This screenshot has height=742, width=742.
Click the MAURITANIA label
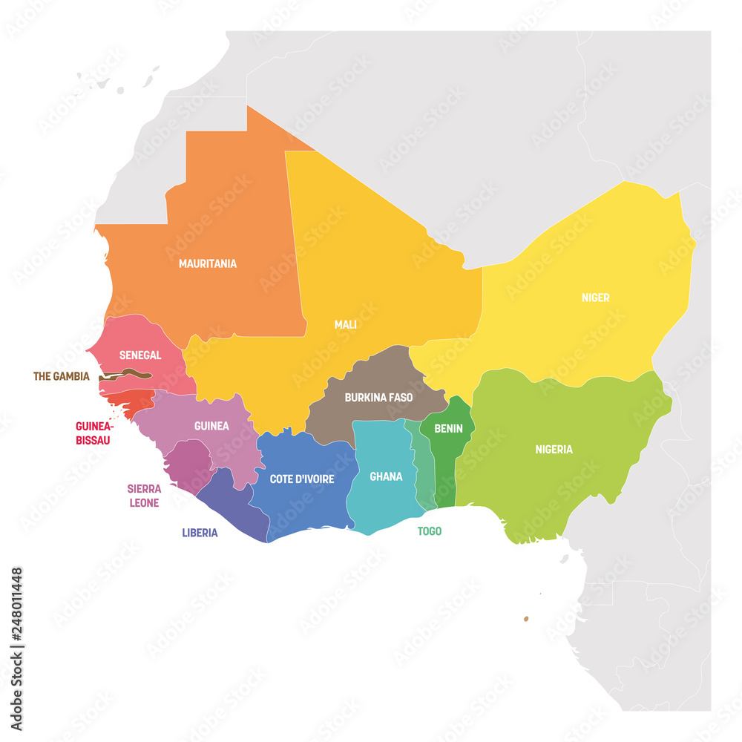tap(207, 263)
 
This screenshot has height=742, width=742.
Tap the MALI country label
tap(345, 324)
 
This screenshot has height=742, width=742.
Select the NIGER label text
tap(595, 298)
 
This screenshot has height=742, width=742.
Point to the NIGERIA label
tap(554, 449)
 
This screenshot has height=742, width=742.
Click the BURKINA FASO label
tap(378, 397)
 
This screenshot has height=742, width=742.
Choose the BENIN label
tap(448, 428)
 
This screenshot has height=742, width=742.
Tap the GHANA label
tap(386, 476)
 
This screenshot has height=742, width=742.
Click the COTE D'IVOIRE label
tap(301, 479)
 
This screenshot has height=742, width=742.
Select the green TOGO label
tap(429, 531)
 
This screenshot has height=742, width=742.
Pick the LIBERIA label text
tap(200, 533)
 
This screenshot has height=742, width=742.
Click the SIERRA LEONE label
tap(143, 496)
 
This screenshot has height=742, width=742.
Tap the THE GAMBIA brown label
tap(61, 376)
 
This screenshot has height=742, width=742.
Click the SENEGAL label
tap(139, 355)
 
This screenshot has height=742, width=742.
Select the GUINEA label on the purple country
tap(211, 426)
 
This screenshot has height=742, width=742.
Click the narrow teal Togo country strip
tap(424, 475)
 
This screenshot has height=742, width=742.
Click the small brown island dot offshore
tap(526, 618)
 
